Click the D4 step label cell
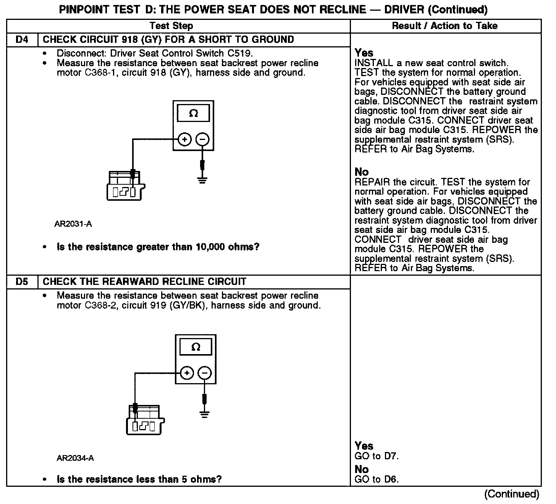click(22, 40)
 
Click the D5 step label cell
click(22, 282)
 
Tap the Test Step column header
click(171, 26)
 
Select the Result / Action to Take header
click(445, 26)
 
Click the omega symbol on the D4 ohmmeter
click(194, 114)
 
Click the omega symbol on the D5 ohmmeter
click(196, 347)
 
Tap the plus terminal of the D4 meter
click(185, 140)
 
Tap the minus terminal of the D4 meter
click(203, 140)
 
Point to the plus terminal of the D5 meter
click(187, 373)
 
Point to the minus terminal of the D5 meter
click(205, 373)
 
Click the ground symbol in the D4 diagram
click(202, 179)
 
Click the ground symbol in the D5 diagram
click(205, 414)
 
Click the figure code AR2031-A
click(73, 224)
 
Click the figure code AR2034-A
click(75, 458)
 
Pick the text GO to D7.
click(377, 456)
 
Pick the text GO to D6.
click(377, 480)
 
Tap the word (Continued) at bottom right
click(511, 494)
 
